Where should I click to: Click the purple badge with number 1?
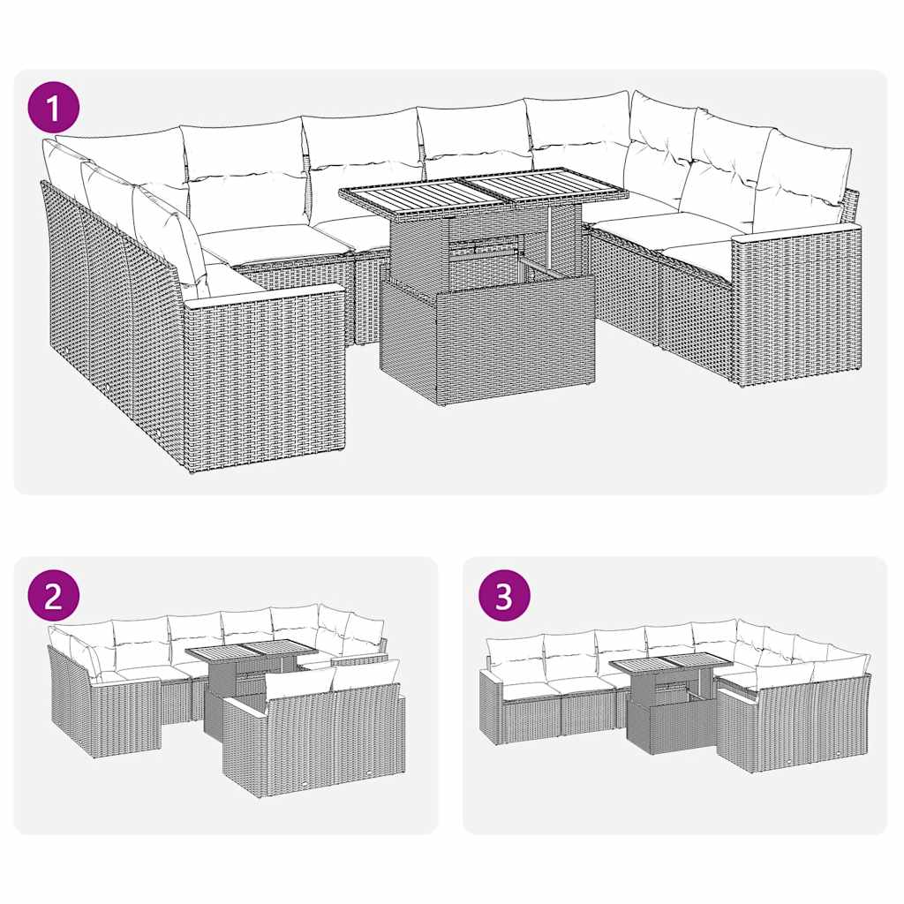[55, 109]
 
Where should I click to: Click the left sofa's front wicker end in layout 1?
[265, 380]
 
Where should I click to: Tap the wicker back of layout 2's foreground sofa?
[313, 737]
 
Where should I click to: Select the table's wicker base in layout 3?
[671, 724]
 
